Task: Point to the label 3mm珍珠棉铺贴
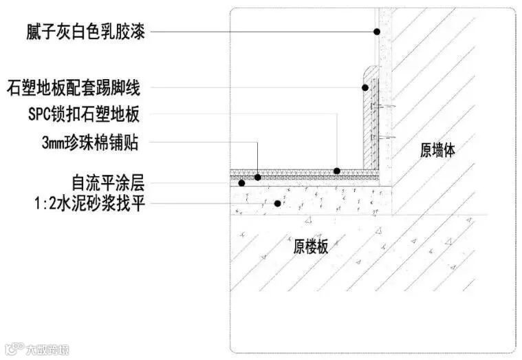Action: tap(90, 143)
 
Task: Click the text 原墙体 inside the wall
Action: tap(437, 149)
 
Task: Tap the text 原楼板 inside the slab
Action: tap(311, 246)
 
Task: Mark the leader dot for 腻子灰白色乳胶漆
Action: tap(377, 31)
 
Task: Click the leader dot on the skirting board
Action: tap(365, 87)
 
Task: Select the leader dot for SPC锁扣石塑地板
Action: tap(337, 170)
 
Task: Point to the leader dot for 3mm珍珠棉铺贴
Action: tap(258, 177)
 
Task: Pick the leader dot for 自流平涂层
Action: tap(241, 183)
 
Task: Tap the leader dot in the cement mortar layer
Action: tap(277, 202)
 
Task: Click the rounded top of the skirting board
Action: tap(370, 70)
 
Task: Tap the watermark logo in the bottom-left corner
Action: tap(12, 350)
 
